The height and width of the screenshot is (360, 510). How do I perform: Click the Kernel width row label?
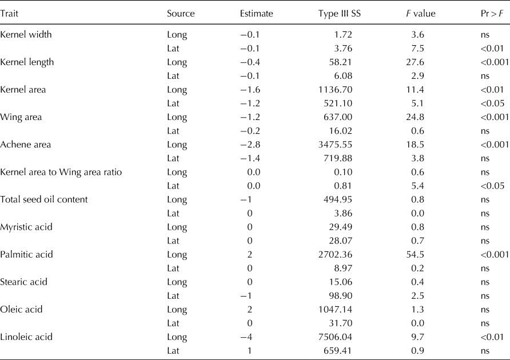(x=26, y=34)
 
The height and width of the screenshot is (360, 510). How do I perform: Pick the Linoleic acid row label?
(x=26, y=337)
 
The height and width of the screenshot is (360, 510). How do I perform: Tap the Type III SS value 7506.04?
(x=350, y=337)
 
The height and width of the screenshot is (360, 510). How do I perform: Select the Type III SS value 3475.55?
(x=350, y=145)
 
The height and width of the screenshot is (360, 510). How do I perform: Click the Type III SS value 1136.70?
(x=350, y=90)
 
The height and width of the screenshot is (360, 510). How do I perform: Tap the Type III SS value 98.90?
(x=354, y=295)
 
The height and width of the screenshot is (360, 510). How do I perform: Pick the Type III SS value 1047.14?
(x=350, y=309)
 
